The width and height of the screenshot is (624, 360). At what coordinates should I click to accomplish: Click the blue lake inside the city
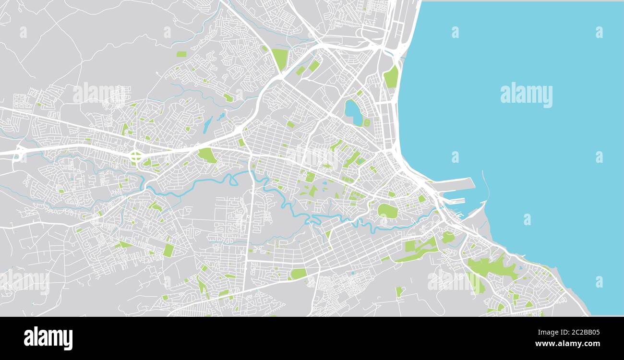353,112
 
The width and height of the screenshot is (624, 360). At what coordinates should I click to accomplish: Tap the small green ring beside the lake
367,122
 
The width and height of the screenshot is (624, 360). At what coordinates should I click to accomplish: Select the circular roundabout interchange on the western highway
136,156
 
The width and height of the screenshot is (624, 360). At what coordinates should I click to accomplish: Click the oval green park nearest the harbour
387,211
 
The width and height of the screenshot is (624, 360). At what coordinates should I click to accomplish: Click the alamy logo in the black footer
48,338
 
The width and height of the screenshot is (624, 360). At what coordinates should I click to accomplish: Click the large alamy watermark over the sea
526,95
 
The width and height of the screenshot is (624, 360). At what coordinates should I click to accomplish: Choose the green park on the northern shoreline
391,77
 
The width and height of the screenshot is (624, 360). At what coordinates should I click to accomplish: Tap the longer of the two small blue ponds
207,125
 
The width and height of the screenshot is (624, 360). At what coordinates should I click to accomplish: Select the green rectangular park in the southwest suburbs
168,250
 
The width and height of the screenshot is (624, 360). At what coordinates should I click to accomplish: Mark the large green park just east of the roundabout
207,155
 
